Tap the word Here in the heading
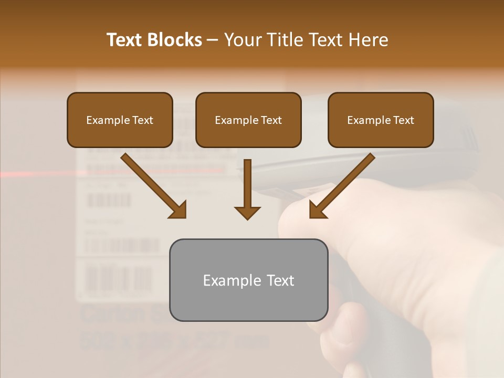point(367,40)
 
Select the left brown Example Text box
point(120,120)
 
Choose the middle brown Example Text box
point(248,120)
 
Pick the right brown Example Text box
point(381,120)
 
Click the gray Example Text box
point(248,280)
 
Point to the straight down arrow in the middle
point(247,190)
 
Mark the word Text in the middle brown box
point(271,120)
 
